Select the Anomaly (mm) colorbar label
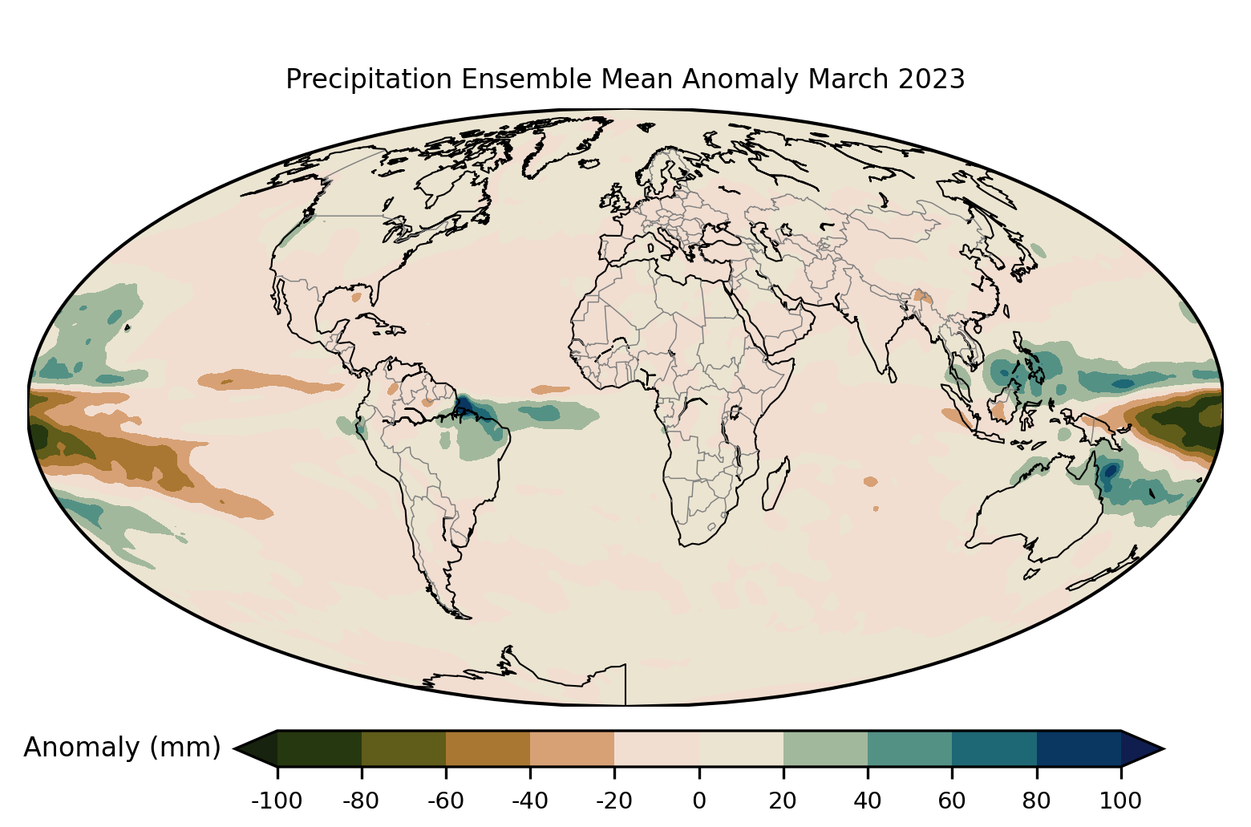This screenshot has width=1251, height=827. pyautogui.click(x=122, y=748)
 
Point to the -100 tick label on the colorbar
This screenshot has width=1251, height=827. pyautogui.click(x=277, y=800)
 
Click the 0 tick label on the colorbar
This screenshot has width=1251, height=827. pyautogui.click(x=698, y=800)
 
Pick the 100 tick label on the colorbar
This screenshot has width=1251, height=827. pyautogui.click(x=1121, y=800)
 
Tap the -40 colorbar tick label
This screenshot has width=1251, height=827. pyautogui.click(x=530, y=800)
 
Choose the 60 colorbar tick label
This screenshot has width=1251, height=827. pyautogui.click(x=952, y=800)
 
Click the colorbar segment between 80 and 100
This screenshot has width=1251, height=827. pyautogui.click(x=1079, y=748)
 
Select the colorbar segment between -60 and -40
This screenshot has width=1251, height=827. pyautogui.click(x=488, y=748)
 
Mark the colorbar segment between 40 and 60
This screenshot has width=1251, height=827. pyautogui.click(x=909, y=748)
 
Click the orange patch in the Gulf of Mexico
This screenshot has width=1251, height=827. pyautogui.click(x=357, y=298)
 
